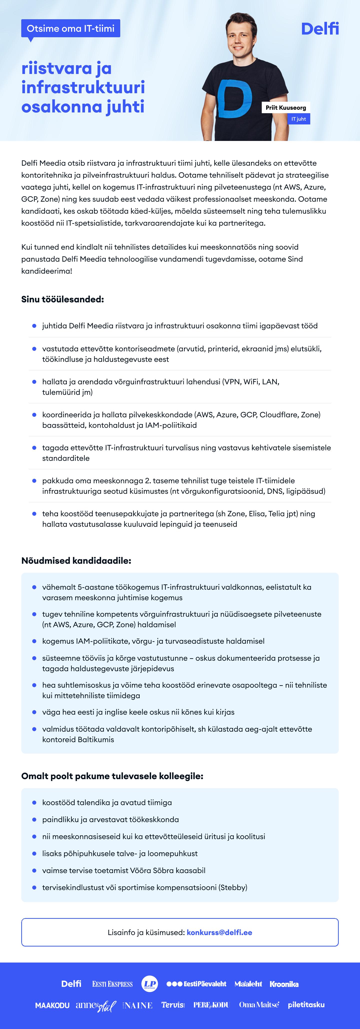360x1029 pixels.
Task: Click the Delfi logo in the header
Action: tap(320, 29)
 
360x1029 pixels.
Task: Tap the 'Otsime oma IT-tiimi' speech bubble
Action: tap(71, 28)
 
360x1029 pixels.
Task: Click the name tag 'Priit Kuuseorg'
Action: tap(286, 107)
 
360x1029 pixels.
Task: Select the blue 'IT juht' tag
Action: tap(298, 119)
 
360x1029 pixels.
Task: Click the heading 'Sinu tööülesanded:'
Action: tap(62, 299)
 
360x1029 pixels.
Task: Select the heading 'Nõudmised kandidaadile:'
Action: tap(76, 560)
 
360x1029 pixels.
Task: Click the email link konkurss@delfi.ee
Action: tap(219, 932)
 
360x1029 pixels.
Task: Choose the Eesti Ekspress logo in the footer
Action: tap(112, 984)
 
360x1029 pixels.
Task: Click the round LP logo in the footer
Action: tap(150, 984)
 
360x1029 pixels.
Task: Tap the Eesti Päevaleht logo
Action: tap(196, 984)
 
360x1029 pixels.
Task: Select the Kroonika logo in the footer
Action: tap(284, 984)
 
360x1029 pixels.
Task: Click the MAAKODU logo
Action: tap(52, 1005)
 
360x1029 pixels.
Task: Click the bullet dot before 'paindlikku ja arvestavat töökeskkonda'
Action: tap(34, 819)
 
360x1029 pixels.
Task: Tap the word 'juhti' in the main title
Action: tap(125, 107)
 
